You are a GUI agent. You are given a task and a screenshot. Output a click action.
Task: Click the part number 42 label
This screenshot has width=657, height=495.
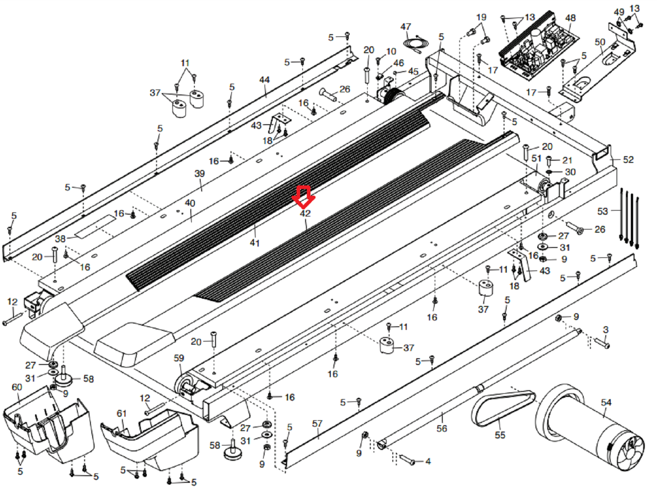[305, 213]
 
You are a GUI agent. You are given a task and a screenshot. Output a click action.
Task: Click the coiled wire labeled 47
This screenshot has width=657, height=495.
[415, 45]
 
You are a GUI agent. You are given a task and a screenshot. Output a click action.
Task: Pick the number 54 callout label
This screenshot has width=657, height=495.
[606, 402]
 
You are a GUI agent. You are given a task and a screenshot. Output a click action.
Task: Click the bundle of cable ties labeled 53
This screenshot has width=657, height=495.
[629, 218]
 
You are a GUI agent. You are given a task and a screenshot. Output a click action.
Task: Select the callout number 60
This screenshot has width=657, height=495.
[17, 387]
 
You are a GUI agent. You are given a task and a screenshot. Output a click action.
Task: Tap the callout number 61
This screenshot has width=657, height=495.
[121, 413]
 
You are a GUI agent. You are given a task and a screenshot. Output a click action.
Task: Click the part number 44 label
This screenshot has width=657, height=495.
[264, 80]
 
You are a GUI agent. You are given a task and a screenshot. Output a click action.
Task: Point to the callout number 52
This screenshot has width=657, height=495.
[628, 160]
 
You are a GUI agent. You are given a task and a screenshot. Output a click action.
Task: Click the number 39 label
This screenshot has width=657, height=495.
[199, 173]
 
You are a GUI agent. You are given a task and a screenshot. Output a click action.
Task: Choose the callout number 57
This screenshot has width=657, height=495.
[317, 423]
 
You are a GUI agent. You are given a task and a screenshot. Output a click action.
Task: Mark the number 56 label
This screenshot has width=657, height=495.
[442, 428]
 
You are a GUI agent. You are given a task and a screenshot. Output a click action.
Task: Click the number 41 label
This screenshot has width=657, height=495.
[255, 243]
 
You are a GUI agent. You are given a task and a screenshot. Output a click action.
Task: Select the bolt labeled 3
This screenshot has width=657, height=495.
[602, 343]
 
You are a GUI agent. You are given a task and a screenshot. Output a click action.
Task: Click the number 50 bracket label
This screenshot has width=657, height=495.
[600, 42]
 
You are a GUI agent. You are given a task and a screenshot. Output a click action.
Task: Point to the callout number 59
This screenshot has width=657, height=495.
[179, 358]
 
